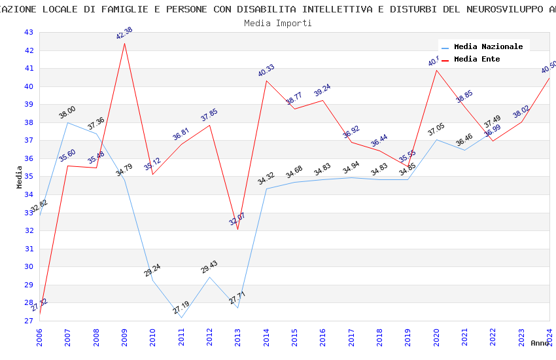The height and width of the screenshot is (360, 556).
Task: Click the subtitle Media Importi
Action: pyautogui.click(x=278, y=24)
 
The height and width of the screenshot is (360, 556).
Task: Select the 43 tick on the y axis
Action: pyautogui.click(x=28, y=33)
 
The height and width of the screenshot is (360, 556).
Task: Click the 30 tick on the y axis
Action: pyautogui.click(x=28, y=267)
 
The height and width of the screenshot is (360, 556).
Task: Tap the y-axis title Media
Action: pyautogui.click(x=20, y=177)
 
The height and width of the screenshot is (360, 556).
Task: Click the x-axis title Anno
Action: pyautogui.click(x=540, y=343)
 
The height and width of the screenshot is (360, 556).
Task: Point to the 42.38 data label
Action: pyautogui.click(x=124, y=33)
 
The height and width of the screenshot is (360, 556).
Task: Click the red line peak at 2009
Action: pyautogui.click(x=124, y=43)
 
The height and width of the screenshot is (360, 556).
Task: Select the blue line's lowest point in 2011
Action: pyautogui.click(x=181, y=317)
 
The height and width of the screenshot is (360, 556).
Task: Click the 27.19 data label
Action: pyautogui.click(x=181, y=308)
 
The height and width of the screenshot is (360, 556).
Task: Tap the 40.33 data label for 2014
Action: pyautogui.click(x=266, y=71)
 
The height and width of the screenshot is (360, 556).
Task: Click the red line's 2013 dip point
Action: pyautogui.click(x=237, y=229)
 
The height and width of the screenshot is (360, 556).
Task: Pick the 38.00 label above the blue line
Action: pyautogui.click(x=67, y=113)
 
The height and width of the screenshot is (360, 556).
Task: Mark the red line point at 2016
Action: pyautogui.click(x=323, y=100)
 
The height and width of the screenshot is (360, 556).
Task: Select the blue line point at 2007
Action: pyautogui.click(x=67, y=122)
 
